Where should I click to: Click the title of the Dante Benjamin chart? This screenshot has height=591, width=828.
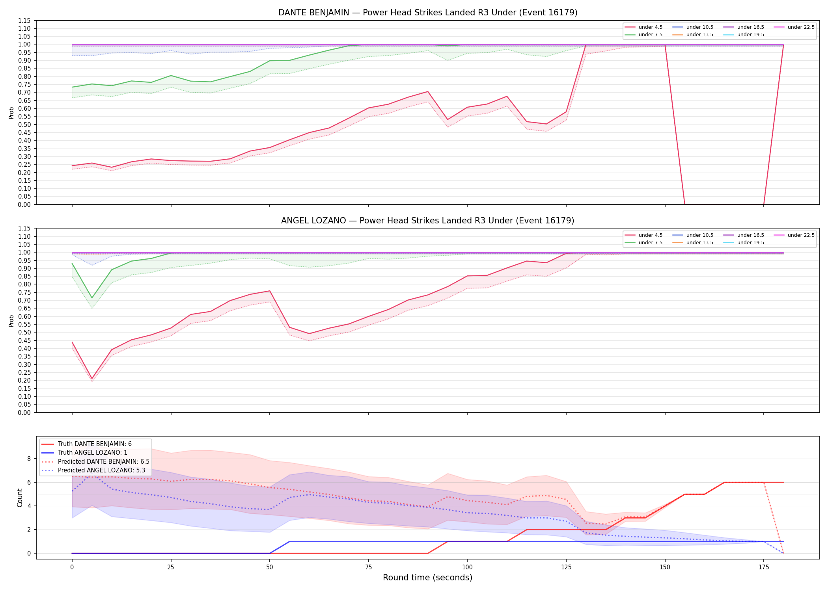(x=428, y=13)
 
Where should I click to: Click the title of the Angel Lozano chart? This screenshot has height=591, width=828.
(x=428, y=221)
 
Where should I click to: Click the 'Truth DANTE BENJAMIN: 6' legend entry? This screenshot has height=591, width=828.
(x=95, y=444)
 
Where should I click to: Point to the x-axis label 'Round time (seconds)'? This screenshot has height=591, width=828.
(x=427, y=578)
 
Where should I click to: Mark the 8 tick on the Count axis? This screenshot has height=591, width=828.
(x=29, y=459)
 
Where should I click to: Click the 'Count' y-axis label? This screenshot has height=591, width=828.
(x=20, y=498)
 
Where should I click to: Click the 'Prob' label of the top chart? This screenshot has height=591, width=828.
(x=11, y=113)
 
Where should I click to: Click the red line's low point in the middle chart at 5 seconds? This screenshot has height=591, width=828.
(x=92, y=379)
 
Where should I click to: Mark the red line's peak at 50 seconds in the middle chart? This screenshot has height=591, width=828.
(x=270, y=291)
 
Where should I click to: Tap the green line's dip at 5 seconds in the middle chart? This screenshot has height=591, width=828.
(x=92, y=298)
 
